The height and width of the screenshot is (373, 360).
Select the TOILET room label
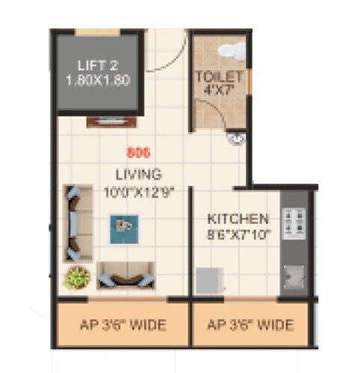[x=218, y=77]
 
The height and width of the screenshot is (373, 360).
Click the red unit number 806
[x=139, y=154]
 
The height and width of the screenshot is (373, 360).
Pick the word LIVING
[x=138, y=175]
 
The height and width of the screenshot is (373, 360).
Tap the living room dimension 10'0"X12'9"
[x=139, y=191]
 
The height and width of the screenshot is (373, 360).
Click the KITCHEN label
[x=238, y=219]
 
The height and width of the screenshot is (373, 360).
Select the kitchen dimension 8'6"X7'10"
[x=238, y=234]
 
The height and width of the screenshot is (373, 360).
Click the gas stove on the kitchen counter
[x=294, y=222]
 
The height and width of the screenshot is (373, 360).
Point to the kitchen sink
[x=295, y=275]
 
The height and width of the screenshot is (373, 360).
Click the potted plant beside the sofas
[x=75, y=278]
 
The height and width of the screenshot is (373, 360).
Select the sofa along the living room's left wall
[x=74, y=222]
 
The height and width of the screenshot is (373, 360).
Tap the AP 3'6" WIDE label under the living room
[x=123, y=325]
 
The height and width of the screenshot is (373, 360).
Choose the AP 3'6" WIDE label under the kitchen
[x=250, y=325]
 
